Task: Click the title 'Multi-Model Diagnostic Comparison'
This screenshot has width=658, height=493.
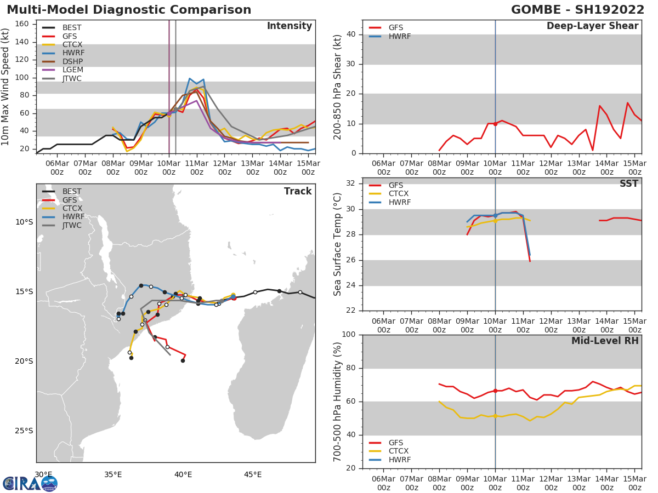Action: coord(129,10)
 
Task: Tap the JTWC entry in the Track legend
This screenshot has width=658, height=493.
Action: coord(72,226)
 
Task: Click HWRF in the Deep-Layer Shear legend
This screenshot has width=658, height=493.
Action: coord(399,36)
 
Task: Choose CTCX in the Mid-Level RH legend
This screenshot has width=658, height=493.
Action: coord(399,451)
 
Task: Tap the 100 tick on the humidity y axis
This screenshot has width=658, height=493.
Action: coord(350,335)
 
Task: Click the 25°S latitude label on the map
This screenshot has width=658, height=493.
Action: coord(24,431)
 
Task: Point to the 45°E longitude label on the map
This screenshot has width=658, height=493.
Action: coord(252,474)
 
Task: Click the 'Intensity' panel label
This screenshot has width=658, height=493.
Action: coord(289,26)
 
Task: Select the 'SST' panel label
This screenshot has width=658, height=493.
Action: coord(628,184)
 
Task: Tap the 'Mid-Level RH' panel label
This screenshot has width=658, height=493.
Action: coord(604,341)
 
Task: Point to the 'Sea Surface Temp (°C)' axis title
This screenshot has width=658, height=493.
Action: coord(338,244)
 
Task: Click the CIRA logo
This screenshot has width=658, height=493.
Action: coord(30,483)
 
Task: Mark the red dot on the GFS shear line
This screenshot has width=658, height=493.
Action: coord(495,124)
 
